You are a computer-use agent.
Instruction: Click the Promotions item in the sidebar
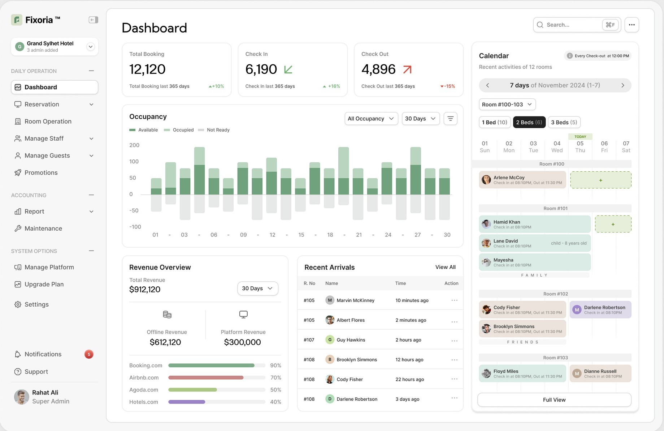[x=41, y=173]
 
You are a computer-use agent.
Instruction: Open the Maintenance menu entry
[x=43, y=229]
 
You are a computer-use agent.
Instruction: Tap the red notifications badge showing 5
[x=89, y=354]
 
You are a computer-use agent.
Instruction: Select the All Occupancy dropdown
[x=371, y=119]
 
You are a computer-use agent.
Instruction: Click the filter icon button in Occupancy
[x=450, y=119]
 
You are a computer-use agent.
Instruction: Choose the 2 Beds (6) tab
[x=529, y=123]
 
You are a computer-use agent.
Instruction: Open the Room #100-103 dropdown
[x=507, y=104]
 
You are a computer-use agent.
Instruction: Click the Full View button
[x=554, y=400]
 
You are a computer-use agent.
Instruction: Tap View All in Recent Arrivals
[x=445, y=267]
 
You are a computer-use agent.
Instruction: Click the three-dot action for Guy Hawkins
[x=454, y=340]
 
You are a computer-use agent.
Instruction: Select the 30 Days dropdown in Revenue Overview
[x=257, y=289]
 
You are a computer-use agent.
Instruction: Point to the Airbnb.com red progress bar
[x=206, y=378]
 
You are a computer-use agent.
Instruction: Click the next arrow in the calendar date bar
[x=622, y=85]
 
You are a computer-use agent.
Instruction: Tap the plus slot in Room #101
[x=613, y=225]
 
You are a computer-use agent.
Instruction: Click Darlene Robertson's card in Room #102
[x=600, y=310]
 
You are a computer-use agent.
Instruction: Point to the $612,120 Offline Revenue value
[x=165, y=342]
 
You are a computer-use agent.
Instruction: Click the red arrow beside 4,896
[x=407, y=69]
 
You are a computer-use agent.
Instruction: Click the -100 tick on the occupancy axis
[x=135, y=227]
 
